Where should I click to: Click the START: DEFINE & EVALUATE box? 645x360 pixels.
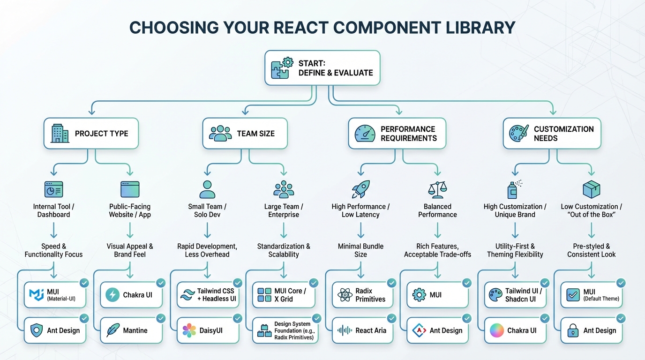coord(322,68)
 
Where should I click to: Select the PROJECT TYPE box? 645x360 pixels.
coord(91,134)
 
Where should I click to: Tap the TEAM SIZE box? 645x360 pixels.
coord(245,134)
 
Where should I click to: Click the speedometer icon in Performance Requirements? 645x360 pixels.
coord(365,134)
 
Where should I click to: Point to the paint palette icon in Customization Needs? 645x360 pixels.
coord(519,134)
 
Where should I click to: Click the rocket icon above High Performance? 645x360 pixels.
coord(360,189)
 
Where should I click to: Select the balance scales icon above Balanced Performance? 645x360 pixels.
coord(437,189)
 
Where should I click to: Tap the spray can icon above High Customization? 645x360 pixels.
coord(514,189)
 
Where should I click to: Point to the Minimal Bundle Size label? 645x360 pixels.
coord(360,250)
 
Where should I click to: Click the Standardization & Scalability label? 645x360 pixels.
coord(284,250)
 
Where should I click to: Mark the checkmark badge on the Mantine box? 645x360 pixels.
coord(160,319)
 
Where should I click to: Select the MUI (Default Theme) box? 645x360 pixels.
coord(592,295)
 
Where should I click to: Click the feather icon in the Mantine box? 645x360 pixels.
coord(112,330)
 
